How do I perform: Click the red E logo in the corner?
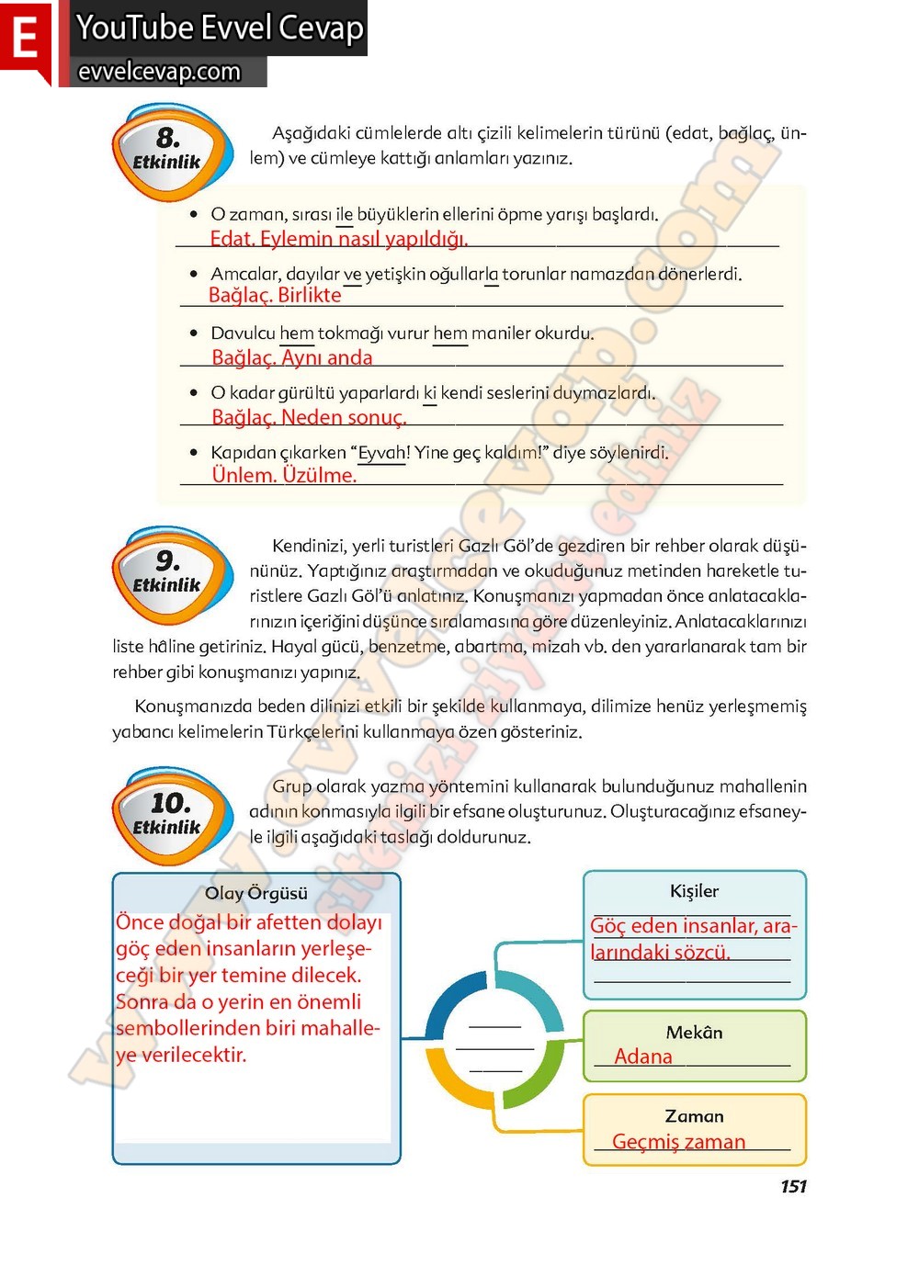coord(25,40)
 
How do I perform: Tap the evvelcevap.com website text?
coord(159,72)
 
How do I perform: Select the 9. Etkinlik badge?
coord(167,574)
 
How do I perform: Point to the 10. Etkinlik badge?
coord(167,816)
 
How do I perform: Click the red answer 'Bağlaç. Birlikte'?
coord(275,295)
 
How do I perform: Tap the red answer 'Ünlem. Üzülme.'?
coord(284,475)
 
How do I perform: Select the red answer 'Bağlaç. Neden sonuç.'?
coord(309,417)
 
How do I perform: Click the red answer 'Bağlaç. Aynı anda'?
coord(292,357)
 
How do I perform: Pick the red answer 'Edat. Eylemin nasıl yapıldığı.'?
coord(339,239)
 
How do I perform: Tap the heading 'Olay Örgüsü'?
coord(256,893)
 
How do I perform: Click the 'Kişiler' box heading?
coord(694,891)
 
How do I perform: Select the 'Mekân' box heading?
coord(694,1033)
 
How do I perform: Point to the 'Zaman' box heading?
coord(694,1116)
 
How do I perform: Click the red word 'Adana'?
coord(643,1057)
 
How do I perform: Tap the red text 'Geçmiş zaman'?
coord(678,1142)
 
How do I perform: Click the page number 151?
coord(793,1186)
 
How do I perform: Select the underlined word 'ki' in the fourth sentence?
coord(429,393)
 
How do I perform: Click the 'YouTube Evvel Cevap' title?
coord(220,28)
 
